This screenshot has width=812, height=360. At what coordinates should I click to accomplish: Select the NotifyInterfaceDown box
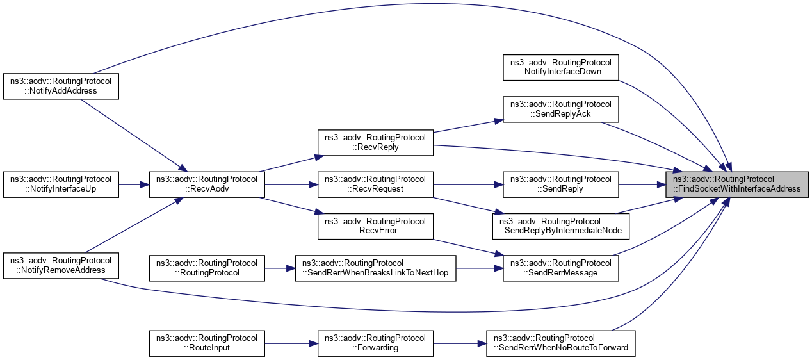(x=560, y=67)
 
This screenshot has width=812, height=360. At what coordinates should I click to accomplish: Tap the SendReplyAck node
(x=560, y=109)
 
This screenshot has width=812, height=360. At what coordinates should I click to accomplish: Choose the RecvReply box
(x=376, y=142)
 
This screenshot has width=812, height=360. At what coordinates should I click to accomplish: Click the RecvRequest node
(x=376, y=184)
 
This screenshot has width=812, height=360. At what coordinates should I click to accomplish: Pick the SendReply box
(x=560, y=184)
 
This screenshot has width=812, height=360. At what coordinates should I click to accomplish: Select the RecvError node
(x=376, y=225)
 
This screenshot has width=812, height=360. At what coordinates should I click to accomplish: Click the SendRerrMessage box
(x=560, y=268)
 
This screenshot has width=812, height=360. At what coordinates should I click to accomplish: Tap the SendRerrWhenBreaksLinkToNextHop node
(x=376, y=268)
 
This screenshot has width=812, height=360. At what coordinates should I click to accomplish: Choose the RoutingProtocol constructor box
(x=207, y=268)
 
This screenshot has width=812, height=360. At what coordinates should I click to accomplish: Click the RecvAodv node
(x=207, y=184)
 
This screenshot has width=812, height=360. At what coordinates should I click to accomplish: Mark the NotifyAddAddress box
(x=61, y=86)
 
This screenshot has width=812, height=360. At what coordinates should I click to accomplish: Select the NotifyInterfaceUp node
(x=61, y=184)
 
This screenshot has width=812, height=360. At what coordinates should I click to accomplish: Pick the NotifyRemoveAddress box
(x=61, y=265)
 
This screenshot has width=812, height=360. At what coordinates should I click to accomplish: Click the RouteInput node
(x=207, y=343)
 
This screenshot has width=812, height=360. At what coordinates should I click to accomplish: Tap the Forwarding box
(x=376, y=343)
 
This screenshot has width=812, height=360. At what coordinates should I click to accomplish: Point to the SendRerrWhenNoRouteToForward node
(x=560, y=343)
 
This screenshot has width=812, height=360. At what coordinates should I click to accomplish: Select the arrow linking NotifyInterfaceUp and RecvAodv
(x=134, y=184)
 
